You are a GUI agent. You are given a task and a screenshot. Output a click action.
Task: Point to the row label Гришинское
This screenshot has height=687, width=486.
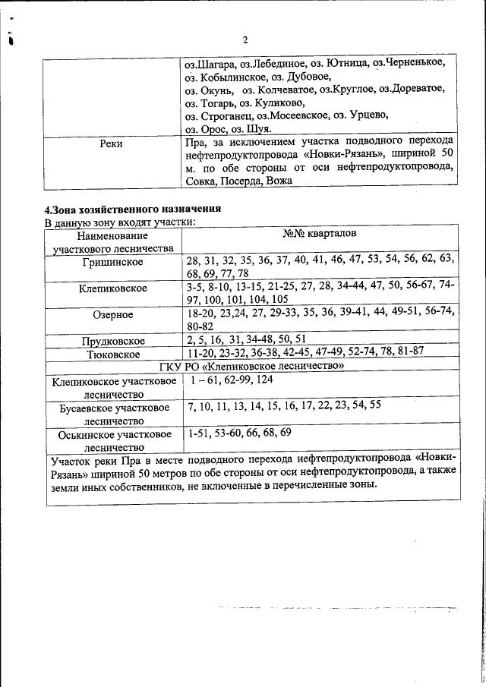pos(112,263)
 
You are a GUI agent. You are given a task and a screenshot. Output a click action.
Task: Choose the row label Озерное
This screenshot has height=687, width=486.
pos(112,314)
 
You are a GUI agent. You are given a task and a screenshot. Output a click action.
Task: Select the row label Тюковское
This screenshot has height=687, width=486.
pos(112,354)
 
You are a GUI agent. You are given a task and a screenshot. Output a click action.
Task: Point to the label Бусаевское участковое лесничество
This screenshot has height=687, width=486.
pos(114,414)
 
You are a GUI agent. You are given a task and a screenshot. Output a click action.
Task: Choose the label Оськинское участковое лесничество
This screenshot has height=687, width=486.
pos(114,441)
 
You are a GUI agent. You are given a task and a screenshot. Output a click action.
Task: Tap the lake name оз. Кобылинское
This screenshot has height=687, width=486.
pos(226,77)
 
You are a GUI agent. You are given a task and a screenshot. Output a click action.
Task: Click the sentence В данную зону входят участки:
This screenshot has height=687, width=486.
pos(120,222)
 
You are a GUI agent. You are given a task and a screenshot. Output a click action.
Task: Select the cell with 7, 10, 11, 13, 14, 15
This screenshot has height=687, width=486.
pos(283,406)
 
